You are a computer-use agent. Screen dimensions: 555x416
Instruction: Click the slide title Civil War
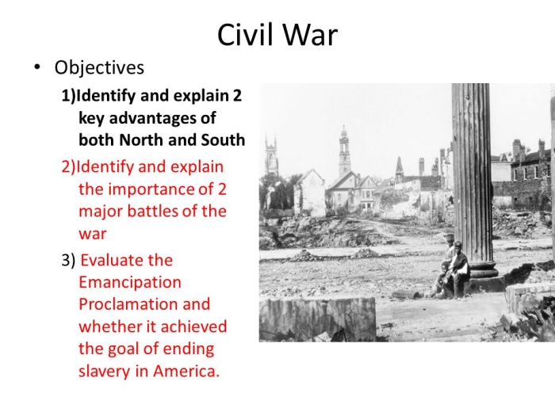[277, 35]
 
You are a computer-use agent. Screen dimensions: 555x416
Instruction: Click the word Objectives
[99, 68]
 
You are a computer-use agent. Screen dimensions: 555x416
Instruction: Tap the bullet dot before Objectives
[36, 67]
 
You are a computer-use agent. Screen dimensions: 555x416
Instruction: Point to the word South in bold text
[223, 139]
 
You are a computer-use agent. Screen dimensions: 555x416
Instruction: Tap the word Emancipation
[130, 282]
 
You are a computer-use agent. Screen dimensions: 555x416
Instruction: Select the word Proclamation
[124, 304]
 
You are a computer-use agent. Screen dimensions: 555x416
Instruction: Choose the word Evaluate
[127, 261]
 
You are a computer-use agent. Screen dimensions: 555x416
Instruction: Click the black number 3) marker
[68, 261]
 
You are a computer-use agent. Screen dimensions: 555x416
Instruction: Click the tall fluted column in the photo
[472, 177]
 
